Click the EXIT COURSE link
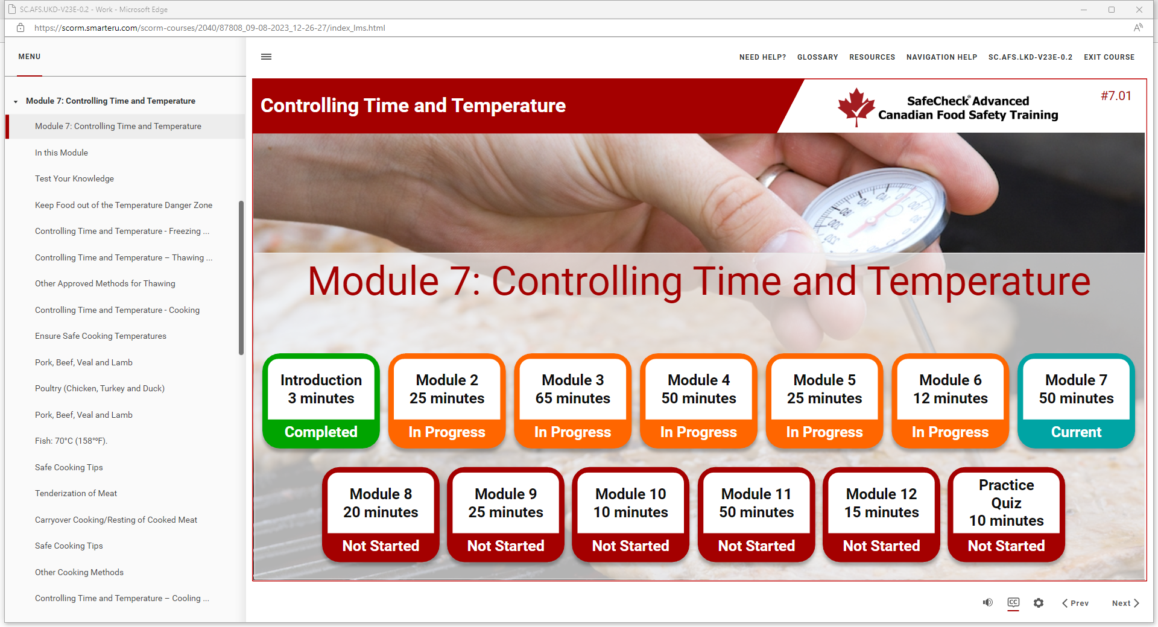click(x=1109, y=57)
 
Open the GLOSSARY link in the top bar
click(x=817, y=57)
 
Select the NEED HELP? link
click(x=762, y=57)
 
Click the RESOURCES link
click(x=872, y=57)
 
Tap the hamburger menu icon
click(x=266, y=57)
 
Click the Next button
click(x=1125, y=603)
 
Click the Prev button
click(x=1075, y=603)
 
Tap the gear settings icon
click(x=1039, y=603)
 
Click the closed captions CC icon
click(x=1013, y=602)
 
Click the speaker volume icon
click(x=988, y=602)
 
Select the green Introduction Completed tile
click(x=321, y=401)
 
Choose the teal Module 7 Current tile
click(x=1076, y=401)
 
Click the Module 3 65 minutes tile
click(x=572, y=401)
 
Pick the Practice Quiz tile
click(x=1006, y=515)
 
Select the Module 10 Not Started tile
click(x=630, y=515)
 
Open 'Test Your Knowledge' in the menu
click(x=74, y=178)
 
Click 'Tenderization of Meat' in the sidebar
click(x=76, y=493)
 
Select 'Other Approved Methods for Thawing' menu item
click(x=105, y=283)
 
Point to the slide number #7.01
click(x=1116, y=96)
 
